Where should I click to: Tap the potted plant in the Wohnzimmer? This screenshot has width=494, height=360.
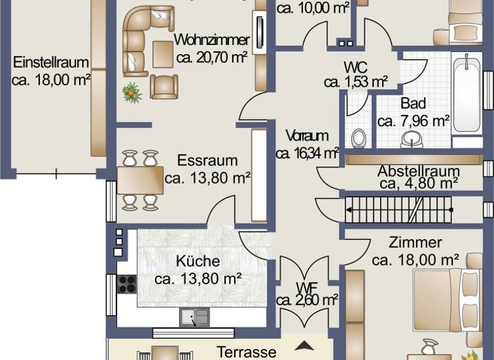tap(133, 93)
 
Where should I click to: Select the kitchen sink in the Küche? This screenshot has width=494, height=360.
tap(194, 316)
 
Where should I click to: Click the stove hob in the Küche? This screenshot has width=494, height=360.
tap(127, 283)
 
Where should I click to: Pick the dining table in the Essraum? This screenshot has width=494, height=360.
tap(140, 180)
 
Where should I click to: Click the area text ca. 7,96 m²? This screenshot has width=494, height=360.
tap(413, 120)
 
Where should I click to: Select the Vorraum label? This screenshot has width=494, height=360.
tap(307, 136)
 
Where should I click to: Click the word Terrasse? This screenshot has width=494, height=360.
tap(247, 352)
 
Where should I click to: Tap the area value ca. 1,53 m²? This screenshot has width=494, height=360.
tap(355, 82)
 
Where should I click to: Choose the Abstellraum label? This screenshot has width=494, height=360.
tap(418, 172)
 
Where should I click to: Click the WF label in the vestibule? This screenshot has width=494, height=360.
tap(306, 286)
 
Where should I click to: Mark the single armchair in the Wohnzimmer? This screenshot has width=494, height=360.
tap(164, 85)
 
